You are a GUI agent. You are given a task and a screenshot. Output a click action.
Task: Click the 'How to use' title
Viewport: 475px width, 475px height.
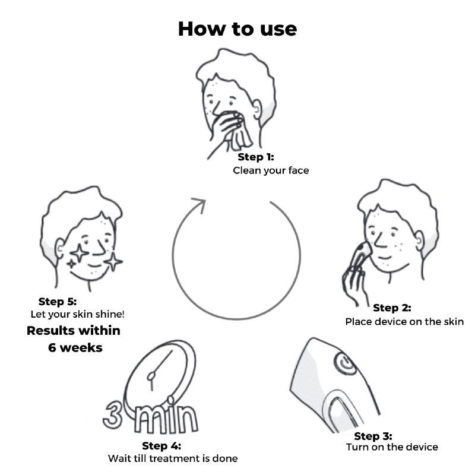coord(237,29)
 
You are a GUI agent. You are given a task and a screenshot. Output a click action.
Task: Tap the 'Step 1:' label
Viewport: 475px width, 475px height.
coord(256,157)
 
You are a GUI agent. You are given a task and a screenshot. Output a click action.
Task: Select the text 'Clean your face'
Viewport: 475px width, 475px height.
coord(271,170)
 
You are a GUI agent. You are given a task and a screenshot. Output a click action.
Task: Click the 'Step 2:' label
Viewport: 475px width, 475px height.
coord(392,308)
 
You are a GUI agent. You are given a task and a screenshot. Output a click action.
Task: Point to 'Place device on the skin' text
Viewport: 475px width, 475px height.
coord(404,321)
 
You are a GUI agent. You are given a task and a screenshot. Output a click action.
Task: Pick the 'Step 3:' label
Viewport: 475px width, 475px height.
coord(373,436)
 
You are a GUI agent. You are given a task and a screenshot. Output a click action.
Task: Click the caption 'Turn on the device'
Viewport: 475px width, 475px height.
coord(392,447)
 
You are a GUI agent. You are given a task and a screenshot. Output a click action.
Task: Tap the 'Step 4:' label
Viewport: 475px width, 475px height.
coord(161,446)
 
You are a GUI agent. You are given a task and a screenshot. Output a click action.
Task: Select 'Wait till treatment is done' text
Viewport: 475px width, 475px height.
coord(173,458)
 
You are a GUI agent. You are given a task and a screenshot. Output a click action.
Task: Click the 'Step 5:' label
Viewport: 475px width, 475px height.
coord(58,302)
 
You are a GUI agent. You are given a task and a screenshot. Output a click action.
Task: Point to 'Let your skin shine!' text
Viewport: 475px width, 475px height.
coord(78,314)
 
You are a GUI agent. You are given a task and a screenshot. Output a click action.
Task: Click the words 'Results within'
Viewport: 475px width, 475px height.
coord(74,331)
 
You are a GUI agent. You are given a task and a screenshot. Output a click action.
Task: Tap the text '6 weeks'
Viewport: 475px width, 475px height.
coord(75,347)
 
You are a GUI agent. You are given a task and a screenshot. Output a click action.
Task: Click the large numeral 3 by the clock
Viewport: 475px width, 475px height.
coord(113,414)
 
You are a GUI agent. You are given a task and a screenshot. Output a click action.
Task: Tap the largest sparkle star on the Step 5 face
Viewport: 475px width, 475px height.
coord(79,253)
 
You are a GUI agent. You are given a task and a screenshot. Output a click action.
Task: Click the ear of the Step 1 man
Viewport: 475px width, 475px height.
coord(256,109)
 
